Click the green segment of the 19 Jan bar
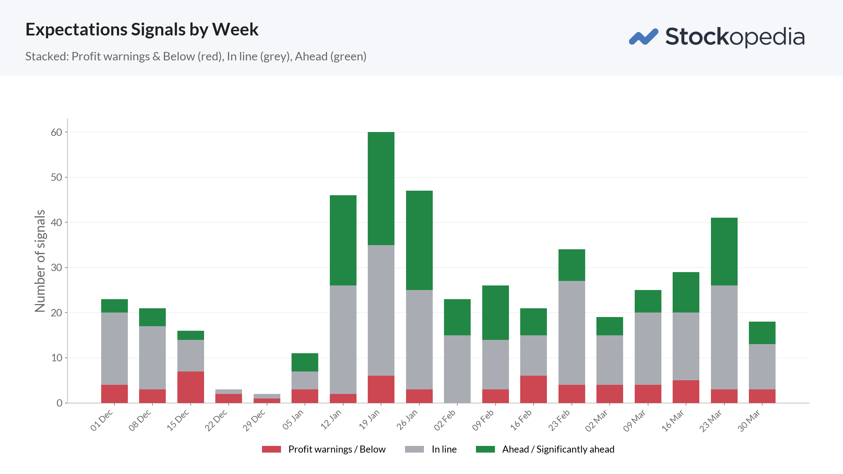point(381,189)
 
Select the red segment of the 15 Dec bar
point(191,387)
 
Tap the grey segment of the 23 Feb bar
point(572,333)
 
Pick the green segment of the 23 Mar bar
point(724,251)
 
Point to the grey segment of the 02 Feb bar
point(457,369)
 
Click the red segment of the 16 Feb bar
point(534,389)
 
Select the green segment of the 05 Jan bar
point(305,362)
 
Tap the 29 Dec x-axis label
point(254,420)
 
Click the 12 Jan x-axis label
point(331,420)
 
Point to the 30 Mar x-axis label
point(749,421)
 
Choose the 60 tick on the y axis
point(56,132)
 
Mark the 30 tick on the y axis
point(56,268)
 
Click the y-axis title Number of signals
point(40,261)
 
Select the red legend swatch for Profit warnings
point(272,449)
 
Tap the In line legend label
point(444,449)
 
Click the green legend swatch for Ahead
point(485,449)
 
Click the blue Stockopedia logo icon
point(643,37)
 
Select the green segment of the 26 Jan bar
point(419,240)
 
